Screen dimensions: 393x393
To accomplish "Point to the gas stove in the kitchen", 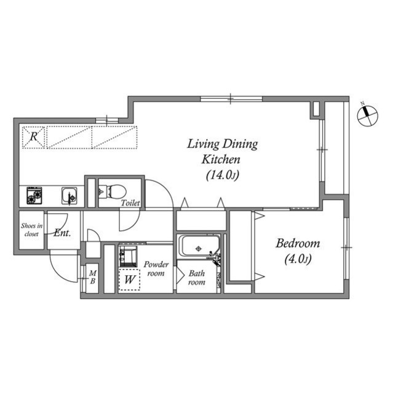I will click(34, 196).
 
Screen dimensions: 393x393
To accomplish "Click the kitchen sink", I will click(69, 196).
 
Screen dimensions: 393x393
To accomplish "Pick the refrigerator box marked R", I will click(34, 138).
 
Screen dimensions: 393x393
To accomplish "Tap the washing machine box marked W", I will click(129, 279).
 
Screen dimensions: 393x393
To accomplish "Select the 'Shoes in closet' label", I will click(31, 229).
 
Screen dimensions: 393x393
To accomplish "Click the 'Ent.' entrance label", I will click(62, 233).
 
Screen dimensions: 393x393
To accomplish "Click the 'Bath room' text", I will click(196, 278).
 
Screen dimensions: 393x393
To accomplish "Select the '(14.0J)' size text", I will click(222, 176).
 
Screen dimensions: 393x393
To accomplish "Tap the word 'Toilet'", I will click(130, 203).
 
